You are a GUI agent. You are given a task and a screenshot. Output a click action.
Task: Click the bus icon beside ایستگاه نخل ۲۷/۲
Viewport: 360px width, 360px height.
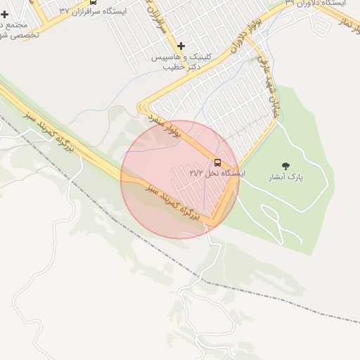[217, 163]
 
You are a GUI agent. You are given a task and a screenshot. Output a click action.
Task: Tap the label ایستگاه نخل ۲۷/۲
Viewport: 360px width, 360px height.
[217, 173]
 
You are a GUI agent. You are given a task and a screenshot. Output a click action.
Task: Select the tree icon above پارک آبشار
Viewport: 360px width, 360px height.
[285, 167]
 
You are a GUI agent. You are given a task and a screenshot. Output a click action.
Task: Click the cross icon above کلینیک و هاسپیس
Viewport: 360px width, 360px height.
[181, 46]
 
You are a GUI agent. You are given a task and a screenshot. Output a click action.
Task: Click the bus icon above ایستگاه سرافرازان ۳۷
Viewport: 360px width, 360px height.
[93, 2]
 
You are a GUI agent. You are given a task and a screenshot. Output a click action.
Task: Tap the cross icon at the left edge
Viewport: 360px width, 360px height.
[5, 14]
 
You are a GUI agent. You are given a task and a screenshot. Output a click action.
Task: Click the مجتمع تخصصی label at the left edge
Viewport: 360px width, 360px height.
[13, 30]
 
